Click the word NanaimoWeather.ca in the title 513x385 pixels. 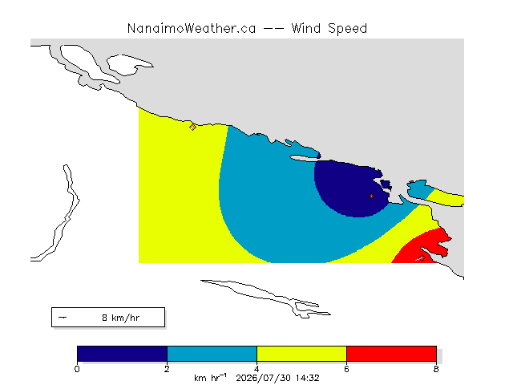pyautogui.click(x=192, y=29)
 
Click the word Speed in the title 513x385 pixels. pyautogui.click(x=347, y=29)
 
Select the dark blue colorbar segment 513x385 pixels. pyautogui.click(x=122, y=354)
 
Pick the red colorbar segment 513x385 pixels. pyautogui.click(x=391, y=354)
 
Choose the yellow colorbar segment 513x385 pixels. pyautogui.click(x=301, y=354)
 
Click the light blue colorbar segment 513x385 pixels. pyautogui.click(x=212, y=354)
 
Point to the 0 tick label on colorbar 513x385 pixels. pyautogui.click(x=77, y=369)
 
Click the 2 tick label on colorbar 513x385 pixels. pyautogui.click(x=167, y=369)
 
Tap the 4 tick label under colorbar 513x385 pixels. pyautogui.click(x=256, y=369)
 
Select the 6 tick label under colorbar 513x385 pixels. pyautogui.click(x=346, y=369)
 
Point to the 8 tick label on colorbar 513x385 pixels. pyautogui.click(x=436, y=369)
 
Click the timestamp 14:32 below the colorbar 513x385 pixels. pyautogui.click(x=308, y=378)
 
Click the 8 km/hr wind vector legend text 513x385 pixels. pyautogui.click(x=121, y=318)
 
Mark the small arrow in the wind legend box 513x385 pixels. pyautogui.click(x=63, y=318)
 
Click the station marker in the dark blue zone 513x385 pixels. pyautogui.click(x=371, y=196)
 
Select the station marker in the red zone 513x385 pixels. pyautogui.click(x=422, y=258)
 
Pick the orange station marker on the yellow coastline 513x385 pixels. pyautogui.click(x=192, y=127)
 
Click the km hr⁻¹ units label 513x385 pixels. pyautogui.click(x=210, y=378)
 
